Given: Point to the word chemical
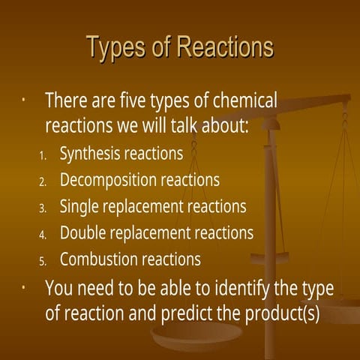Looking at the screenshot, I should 242,100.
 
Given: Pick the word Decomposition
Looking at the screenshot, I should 108,180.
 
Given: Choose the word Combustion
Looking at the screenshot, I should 96,259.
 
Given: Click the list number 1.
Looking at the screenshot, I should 43,156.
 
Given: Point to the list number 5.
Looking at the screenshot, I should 43,261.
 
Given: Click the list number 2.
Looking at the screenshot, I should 43,181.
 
